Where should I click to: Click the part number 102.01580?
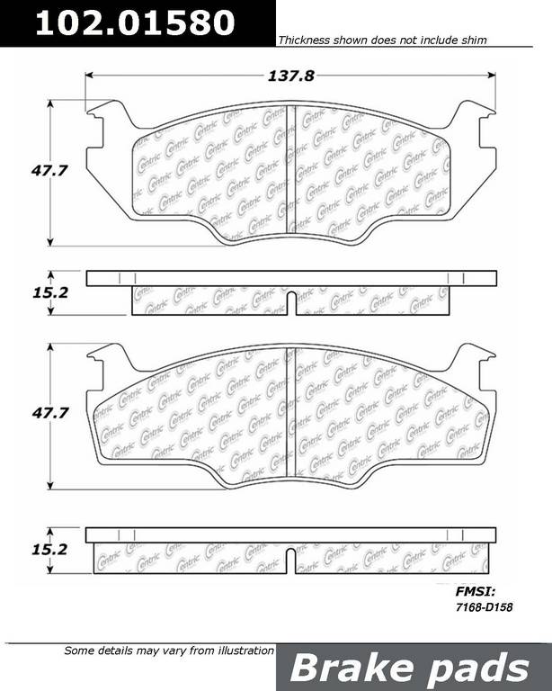(135, 22)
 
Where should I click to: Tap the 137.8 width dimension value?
(291, 76)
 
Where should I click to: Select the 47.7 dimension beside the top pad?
(49, 171)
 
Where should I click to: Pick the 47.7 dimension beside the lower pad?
(49, 413)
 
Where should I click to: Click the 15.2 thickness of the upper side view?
(50, 292)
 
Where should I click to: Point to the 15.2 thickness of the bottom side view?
(49, 550)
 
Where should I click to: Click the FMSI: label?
(476, 591)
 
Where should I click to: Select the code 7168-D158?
(484, 607)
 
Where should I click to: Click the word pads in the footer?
(479, 668)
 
